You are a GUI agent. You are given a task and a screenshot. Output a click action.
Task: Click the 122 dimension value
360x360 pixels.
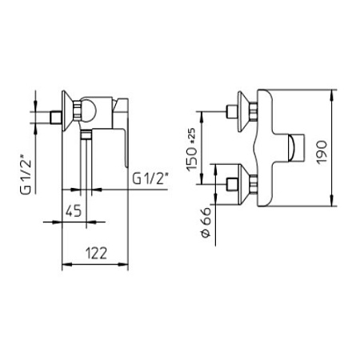pos(96,254)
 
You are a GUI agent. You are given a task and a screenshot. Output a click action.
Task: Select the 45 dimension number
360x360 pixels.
pos(74,211)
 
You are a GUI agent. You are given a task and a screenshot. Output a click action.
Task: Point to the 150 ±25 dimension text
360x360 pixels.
pos(192,150)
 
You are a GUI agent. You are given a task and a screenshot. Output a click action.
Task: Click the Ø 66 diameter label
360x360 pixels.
pos(206,222)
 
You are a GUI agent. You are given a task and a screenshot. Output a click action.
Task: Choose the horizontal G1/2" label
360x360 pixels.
pos(151,178)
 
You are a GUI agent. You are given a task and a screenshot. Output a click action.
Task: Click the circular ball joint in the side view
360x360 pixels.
pos(87,110)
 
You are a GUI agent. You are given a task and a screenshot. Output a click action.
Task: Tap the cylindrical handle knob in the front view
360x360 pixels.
pos(296,148)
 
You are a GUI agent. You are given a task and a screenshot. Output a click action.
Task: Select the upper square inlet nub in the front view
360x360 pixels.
pos(231,111)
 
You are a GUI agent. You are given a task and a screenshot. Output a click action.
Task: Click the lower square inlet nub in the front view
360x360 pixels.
pos(231,185)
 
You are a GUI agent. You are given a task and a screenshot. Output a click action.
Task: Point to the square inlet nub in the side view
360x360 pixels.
pos(55,118)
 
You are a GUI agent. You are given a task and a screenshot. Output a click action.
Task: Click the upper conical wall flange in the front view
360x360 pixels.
pos(244,111)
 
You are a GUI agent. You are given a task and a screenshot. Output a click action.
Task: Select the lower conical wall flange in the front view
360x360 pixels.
pos(244,185)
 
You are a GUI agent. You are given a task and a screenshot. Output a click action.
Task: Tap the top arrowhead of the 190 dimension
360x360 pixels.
pos(332,95)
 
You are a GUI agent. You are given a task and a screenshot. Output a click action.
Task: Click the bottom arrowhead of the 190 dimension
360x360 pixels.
pos(332,201)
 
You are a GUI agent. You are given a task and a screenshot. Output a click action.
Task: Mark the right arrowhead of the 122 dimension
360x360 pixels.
pos(123,265)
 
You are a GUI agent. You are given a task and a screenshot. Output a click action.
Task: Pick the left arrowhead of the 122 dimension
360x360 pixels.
pos(67,265)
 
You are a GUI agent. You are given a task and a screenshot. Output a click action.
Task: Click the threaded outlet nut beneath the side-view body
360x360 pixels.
pos(86,134)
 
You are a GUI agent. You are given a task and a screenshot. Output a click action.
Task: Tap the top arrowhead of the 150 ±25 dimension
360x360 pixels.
pos(202,117)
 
